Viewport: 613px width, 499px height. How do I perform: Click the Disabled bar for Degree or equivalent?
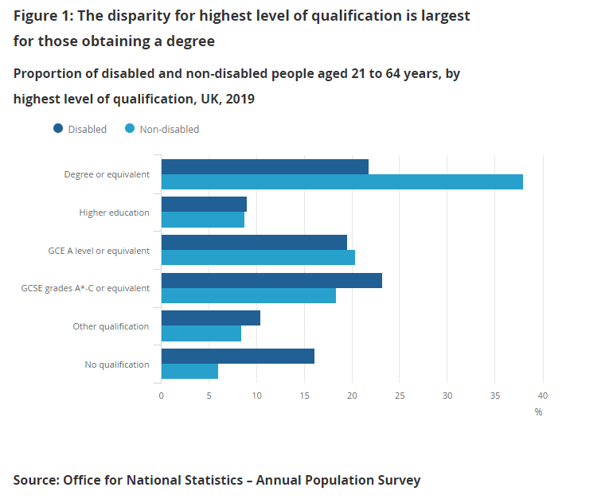coord(264,166)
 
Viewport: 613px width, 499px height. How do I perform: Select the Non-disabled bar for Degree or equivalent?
coord(342,182)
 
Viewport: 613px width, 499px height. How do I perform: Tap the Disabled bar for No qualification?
coord(237,356)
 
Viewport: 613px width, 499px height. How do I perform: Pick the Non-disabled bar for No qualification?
coord(189,372)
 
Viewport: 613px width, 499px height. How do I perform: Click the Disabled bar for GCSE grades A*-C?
coord(271,280)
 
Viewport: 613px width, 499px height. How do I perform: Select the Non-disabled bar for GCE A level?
coord(258,258)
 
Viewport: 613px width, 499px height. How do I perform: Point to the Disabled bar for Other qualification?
coord(210,318)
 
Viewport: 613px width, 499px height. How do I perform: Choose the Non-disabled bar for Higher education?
coord(202,220)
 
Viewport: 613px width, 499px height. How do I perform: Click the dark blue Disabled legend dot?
coord(58,129)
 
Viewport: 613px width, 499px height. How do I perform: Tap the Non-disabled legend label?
coord(169,129)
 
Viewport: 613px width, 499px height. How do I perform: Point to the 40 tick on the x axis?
coord(543,396)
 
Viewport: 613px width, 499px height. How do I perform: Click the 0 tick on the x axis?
coord(161,396)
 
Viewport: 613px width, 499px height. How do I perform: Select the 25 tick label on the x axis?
coord(400,396)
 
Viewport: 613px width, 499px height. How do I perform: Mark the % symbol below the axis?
coord(538,412)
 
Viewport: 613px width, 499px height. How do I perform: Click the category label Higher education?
coord(114,212)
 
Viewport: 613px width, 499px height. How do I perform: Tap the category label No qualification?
coord(116,365)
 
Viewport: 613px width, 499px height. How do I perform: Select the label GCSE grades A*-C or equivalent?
coord(85,288)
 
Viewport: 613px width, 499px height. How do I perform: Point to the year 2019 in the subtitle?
coord(237,99)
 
